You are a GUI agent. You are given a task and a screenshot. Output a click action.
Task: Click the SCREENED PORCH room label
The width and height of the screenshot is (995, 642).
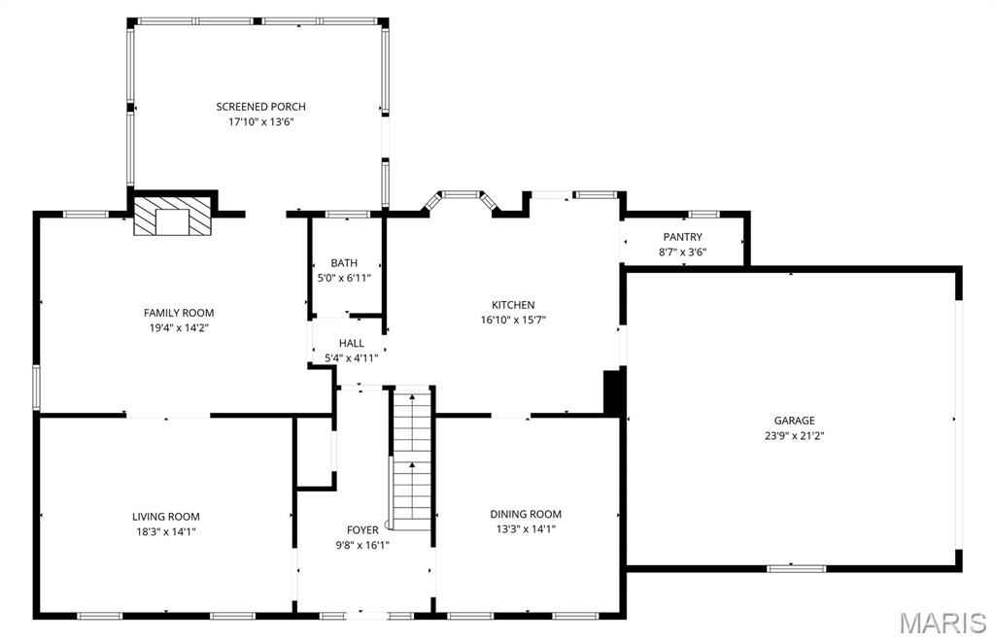tap(260, 107)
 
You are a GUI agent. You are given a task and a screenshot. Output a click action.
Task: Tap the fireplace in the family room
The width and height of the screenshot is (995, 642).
tap(173, 218)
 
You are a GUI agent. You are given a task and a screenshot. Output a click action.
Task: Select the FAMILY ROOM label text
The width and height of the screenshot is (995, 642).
tap(179, 313)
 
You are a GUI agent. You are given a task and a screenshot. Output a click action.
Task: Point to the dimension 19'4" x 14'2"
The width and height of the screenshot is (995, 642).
tap(179, 328)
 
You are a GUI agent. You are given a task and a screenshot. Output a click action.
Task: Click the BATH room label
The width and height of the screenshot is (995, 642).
tap(344, 263)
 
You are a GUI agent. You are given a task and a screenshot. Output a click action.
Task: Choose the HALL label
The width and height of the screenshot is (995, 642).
tap(351, 343)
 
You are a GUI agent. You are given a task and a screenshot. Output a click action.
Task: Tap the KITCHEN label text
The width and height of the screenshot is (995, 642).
tap(513, 305)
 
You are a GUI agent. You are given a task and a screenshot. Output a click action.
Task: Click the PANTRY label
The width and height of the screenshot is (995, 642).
tap(682, 237)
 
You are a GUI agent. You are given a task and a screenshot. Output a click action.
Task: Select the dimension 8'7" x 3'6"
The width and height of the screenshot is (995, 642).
tap(682, 253)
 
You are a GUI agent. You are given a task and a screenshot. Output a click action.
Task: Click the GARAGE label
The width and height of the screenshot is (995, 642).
tap(794, 421)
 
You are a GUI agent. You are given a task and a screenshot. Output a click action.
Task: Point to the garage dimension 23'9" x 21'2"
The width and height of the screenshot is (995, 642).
tap(794, 436)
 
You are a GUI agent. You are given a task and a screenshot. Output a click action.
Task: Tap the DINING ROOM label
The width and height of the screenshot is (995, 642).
tap(525, 514)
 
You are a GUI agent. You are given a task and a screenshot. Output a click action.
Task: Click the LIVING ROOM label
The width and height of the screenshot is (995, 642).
tap(166, 517)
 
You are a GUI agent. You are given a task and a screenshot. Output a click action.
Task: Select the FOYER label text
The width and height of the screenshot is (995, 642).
tap(362, 529)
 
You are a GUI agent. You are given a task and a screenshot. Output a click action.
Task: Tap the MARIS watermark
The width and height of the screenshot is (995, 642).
tap(942, 622)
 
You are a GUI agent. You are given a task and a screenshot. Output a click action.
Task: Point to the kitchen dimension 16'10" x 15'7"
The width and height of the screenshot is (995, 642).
tap(513, 320)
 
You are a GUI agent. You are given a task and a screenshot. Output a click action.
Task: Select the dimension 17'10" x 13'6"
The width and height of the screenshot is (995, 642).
tap(260, 122)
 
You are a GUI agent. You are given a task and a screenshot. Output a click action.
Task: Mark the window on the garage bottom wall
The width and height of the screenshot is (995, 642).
tap(796, 568)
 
